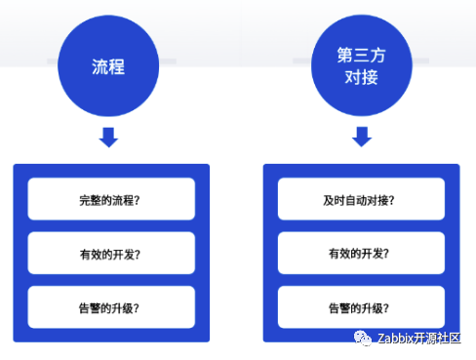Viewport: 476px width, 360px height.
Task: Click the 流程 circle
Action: coord(108,66)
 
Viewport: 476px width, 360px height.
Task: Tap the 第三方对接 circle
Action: coord(362,65)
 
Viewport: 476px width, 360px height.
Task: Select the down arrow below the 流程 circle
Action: coord(108,138)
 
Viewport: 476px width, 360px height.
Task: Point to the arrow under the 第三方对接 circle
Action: coord(362,137)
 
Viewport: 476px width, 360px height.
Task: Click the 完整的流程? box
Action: coord(111,199)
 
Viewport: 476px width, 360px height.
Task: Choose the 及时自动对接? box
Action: coord(361,199)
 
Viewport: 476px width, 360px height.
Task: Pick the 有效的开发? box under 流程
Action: coord(111,253)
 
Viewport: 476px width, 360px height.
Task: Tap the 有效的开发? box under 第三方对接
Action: coord(361,253)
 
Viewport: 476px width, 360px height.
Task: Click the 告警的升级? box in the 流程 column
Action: coord(111,307)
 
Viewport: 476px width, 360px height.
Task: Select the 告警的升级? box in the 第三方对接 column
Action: coord(361,307)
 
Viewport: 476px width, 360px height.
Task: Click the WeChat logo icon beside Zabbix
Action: coord(363,338)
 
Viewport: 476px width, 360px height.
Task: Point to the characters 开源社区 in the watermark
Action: coord(437,339)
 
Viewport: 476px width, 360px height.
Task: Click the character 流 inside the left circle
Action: coord(99,66)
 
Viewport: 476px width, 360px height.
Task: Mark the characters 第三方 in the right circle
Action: coord(362,55)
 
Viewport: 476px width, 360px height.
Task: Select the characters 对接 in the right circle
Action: coord(362,77)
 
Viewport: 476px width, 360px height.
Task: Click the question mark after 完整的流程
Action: coord(137,201)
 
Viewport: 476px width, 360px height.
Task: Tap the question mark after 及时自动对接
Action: coord(391,200)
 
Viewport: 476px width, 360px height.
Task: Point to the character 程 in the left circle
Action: coord(117,66)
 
